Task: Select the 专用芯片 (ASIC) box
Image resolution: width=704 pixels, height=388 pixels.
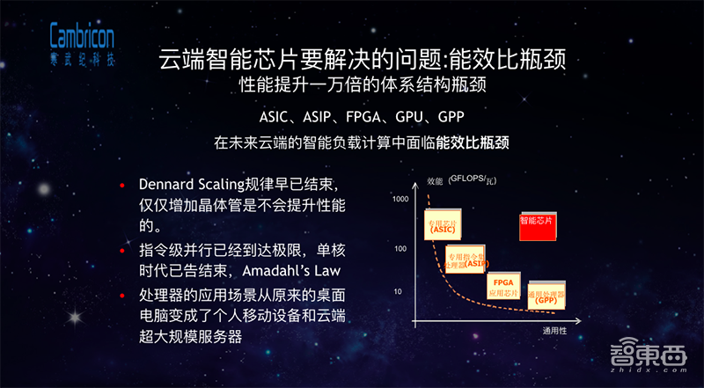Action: (442, 224)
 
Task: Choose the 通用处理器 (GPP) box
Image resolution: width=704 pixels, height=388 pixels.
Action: (548, 296)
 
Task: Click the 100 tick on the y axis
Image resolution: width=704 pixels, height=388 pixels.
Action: (400, 249)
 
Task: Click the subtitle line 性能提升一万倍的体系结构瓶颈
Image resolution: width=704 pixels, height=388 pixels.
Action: (362, 87)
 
